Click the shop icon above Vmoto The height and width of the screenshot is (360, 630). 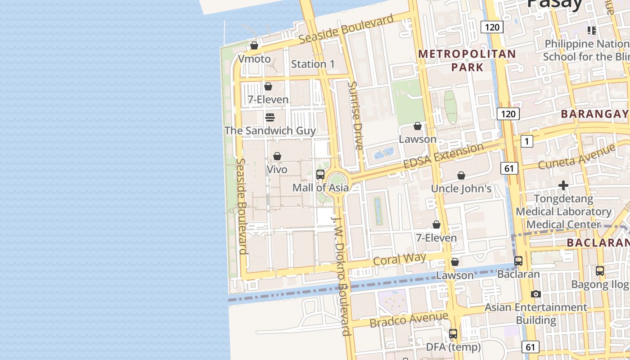coord(254,45)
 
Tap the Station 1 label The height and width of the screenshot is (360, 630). coord(313,64)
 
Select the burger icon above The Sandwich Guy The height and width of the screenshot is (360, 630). coord(270,117)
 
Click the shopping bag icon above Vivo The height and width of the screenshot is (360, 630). coord(277,156)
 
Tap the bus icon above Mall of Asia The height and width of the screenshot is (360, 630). coord(320,175)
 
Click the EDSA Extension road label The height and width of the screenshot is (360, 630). coord(443,156)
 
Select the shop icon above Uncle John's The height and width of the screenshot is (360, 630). coord(461,175)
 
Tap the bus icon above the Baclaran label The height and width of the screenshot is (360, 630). coord(518,261)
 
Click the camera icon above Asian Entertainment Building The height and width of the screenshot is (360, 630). coord(535,294)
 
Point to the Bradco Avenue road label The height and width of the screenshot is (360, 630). coord(409,319)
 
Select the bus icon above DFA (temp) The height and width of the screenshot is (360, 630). coord(453,334)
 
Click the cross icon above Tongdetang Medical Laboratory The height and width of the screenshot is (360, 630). coord(563,185)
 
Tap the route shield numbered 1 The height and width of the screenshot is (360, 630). coord(526,141)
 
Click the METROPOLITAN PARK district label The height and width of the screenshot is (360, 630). coord(467,61)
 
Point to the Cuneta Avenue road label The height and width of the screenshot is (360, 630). coord(576,156)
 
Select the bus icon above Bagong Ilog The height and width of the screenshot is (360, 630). coord(600,271)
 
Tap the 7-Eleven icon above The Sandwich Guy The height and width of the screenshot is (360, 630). coord(268,86)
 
